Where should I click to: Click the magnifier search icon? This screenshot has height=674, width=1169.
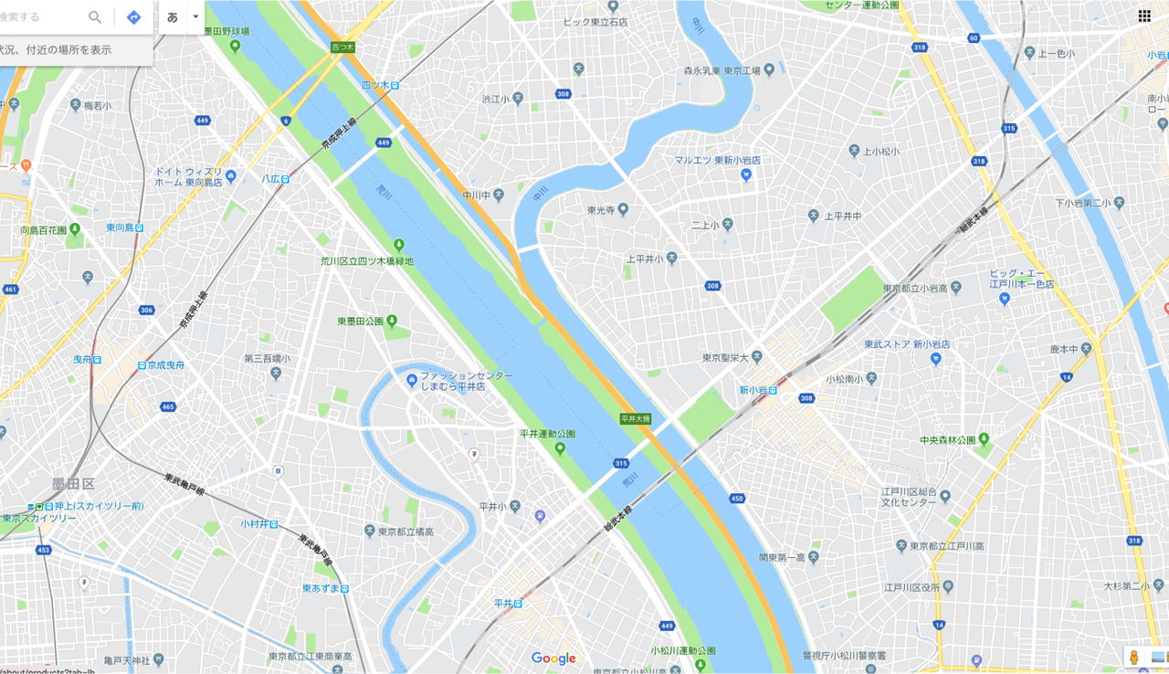[x=95, y=17]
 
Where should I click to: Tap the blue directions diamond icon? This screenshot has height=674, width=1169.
[x=133, y=17]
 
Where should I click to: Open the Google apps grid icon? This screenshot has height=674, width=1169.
[x=1143, y=16]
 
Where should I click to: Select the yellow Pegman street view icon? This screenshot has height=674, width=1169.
[x=1133, y=657]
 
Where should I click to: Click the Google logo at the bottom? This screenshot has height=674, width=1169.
[x=553, y=658]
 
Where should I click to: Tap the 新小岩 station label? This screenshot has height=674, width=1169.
[x=757, y=390]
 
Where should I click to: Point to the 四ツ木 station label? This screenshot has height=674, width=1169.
[x=380, y=85]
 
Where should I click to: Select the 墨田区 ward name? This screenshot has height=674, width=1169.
[x=73, y=483]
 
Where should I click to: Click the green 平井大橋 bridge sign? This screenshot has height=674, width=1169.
[x=635, y=418]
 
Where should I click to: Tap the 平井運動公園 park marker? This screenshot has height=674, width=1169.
[x=560, y=448]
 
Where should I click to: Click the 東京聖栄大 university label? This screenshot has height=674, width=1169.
[x=726, y=357]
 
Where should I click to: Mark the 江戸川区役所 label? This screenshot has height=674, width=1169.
[x=911, y=586]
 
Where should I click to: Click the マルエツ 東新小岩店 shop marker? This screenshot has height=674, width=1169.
[x=745, y=174]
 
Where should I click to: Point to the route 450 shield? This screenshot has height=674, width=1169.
[x=737, y=498]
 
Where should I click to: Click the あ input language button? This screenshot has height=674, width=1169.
[x=173, y=17]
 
